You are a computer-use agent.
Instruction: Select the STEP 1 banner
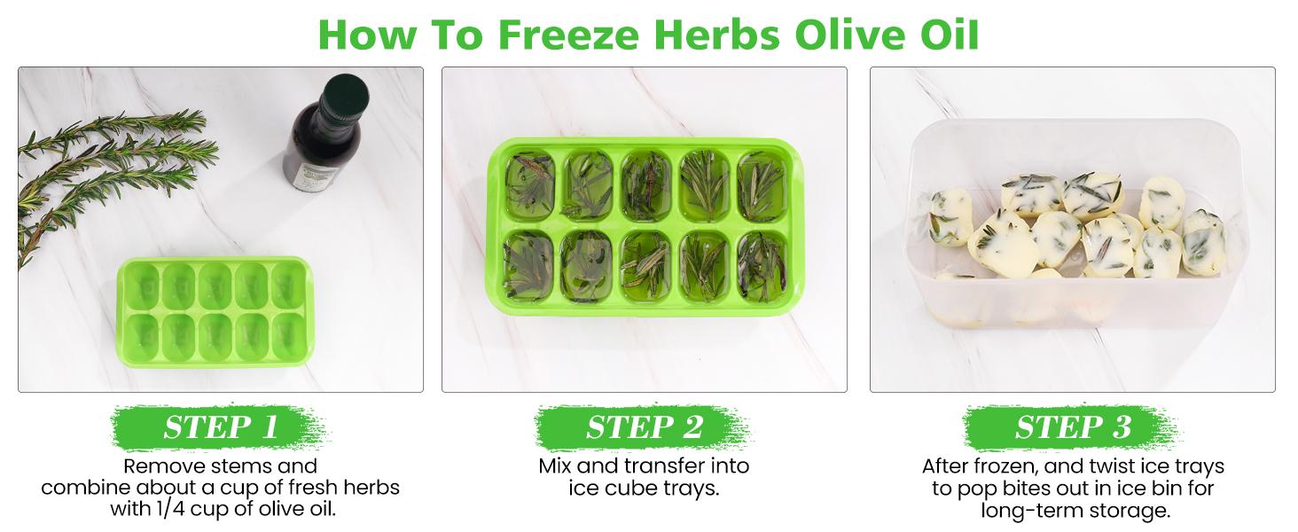pos(220,427)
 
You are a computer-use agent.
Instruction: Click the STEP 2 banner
pos(644,427)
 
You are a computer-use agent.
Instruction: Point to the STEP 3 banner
pos(1073,427)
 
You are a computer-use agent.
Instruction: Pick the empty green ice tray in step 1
pos(215,311)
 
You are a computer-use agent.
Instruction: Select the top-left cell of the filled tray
pos(530,185)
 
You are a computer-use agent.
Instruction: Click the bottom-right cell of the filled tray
pos(762,265)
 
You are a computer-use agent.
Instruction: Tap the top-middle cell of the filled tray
pos(645,185)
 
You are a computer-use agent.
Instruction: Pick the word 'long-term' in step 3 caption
pos(1022,511)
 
